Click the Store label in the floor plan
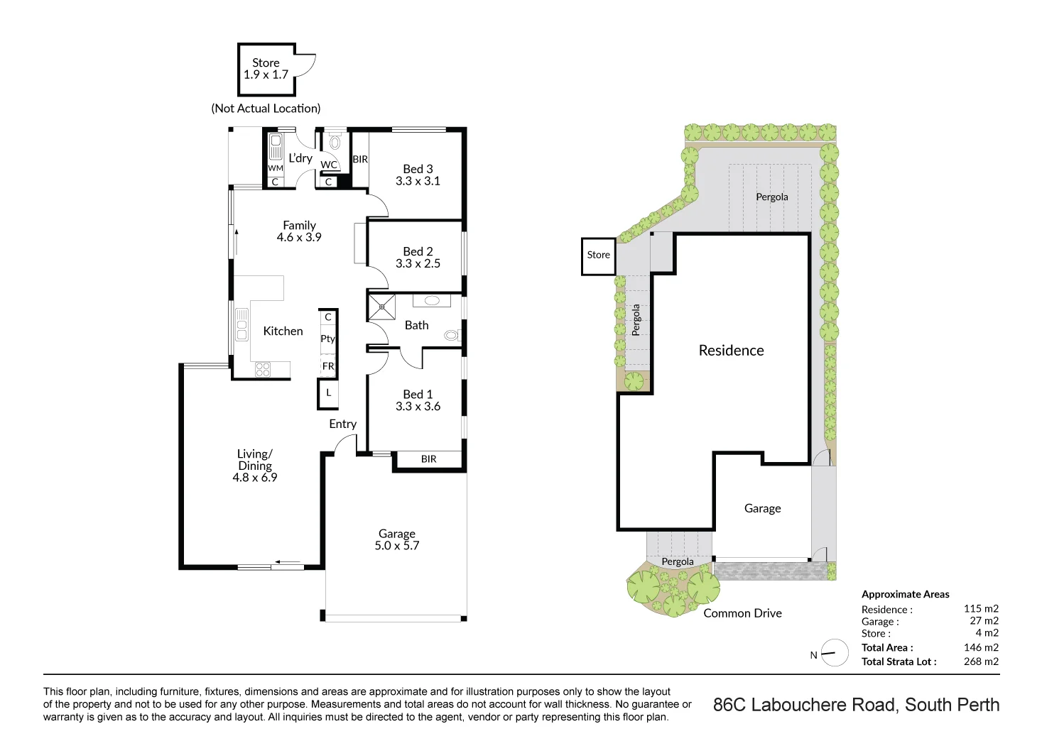[x=266, y=62]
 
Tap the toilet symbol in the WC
[x=335, y=142]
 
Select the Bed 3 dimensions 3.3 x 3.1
[x=418, y=181]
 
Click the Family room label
[x=299, y=225]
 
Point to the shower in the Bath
[x=381, y=307]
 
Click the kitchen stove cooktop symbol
[x=262, y=369]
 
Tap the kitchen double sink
[x=242, y=324]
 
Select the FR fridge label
[x=328, y=366]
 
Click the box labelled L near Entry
[x=328, y=393]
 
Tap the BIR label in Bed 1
[x=428, y=459]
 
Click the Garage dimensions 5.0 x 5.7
[x=396, y=546]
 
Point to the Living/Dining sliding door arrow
[x=288, y=562]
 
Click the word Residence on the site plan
[x=731, y=351]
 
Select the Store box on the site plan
[x=598, y=256]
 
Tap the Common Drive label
[x=742, y=613]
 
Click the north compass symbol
[x=835, y=653]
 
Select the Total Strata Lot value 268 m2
[x=980, y=661]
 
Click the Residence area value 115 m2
[x=980, y=608]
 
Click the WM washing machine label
[x=276, y=168]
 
